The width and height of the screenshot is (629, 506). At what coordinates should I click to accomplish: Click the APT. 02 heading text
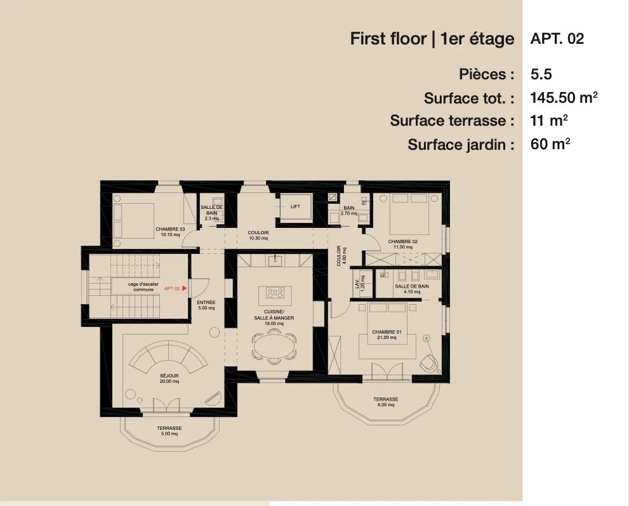pyautogui.click(x=557, y=39)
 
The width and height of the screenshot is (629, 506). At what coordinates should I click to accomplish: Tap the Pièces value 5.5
pyautogui.click(x=541, y=74)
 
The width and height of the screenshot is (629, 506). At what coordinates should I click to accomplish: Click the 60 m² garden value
pyautogui.click(x=550, y=144)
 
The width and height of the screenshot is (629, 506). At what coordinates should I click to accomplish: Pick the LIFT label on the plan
pyautogui.click(x=295, y=207)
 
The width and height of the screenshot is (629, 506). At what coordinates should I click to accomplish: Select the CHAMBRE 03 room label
pyautogui.click(x=170, y=231)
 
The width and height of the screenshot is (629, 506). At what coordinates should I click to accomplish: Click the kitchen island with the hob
pyautogui.click(x=275, y=293)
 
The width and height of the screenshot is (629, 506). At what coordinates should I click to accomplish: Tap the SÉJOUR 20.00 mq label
pyautogui.click(x=169, y=378)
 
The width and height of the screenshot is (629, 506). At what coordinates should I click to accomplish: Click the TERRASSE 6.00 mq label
pyautogui.click(x=385, y=402)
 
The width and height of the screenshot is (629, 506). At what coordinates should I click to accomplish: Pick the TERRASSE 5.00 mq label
pyautogui.click(x=169, y=431)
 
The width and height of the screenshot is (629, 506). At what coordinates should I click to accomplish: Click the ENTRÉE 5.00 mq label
pyautogui.click(x=206, y=305)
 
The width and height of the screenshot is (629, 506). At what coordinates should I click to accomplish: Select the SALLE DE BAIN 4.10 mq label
pyautogui.click(x=412, y=289)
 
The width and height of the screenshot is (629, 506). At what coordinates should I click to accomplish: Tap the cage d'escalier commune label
pyautogui.click(x=143, y=287)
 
